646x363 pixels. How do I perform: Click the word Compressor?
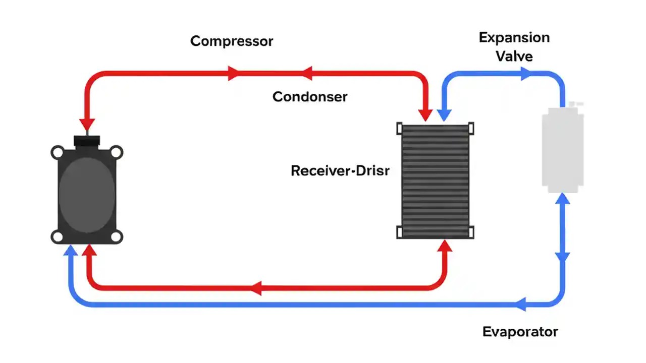(x=232, y=41)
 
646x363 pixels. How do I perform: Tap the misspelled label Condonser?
(x=310, y=97)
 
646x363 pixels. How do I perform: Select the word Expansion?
(x=514, y=38)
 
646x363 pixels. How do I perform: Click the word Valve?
(x=514, y=56)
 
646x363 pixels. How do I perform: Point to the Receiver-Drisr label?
(x=340, y=171)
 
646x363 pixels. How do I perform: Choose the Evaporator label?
(x=520, y=332)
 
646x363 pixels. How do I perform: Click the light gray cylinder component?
(x=563, y=149)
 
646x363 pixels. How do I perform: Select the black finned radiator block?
(x=436, y=180)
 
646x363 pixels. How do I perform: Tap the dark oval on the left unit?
(x=87, y=194)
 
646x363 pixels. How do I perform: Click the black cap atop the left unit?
(x=87, y=140)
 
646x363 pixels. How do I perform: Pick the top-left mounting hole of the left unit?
(x=58, y=152)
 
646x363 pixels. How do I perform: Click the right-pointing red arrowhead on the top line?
(x=233, y=73)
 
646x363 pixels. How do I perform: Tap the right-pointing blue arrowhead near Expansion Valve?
(x=526, y=74)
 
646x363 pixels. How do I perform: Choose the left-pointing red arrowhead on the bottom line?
(x=255, y=288)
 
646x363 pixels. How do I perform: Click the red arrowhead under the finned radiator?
(x=445, y=247)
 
